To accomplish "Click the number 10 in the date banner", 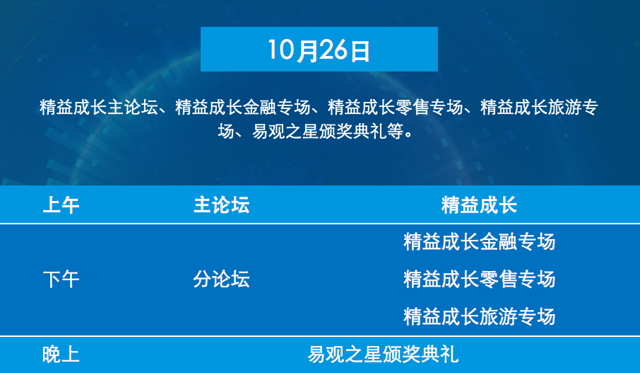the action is click(281, 50).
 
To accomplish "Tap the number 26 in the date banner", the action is click(332, 50).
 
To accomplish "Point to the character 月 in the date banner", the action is click(306, 50).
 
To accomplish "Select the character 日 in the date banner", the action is click(360, 50).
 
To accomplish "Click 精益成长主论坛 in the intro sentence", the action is click(98, 107).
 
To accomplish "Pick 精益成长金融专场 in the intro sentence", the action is click(243, 107).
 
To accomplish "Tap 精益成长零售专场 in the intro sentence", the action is click(395, 107).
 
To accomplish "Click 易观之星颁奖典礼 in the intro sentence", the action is click(319, 131).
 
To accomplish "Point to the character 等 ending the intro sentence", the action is click(395, 131).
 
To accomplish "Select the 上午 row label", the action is click(61, 205).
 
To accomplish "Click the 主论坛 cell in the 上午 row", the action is click(221, 205).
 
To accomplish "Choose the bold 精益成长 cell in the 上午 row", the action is click(479, 205).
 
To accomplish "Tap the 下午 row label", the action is click(61, 280).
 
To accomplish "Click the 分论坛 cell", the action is click(221, 280).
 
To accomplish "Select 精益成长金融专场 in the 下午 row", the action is click(479, 242).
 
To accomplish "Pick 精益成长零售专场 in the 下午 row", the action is click(479, 280).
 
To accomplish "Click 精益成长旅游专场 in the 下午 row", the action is click(479, 316).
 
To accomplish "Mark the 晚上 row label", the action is click(61, 355).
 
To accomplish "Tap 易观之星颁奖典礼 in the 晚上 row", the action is click(383, 355).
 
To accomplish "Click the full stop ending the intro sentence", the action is click(409, 135).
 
